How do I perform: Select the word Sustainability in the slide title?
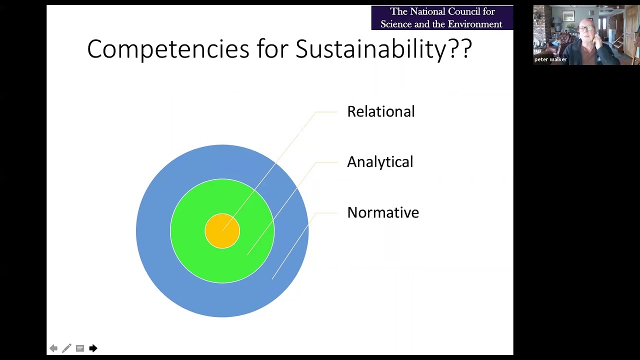click(x=369, y=49)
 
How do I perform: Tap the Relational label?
click(x=380, y=111)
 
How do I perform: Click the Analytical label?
click(x=380, y=162)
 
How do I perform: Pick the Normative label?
click(x=382, y=212)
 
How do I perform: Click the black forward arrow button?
click(x=93, y=348)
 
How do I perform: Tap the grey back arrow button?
click(x=53, y=348)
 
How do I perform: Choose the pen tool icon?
click(x=66, y=348)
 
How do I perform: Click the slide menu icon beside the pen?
click(x=80, y=348)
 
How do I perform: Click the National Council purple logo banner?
click(x=441, y=17)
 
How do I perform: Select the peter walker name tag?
click(x=550, y=59)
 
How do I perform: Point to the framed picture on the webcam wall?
click(x=568, y=16)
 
